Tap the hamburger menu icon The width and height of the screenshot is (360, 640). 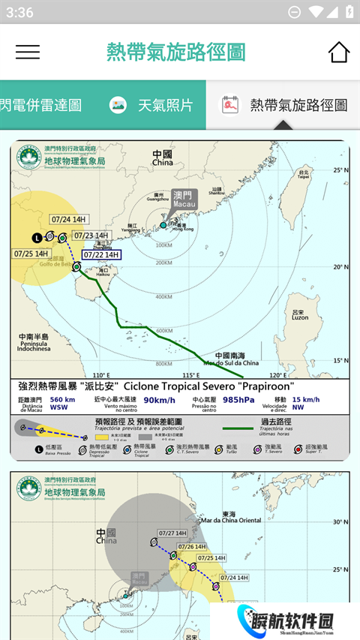point(28,52)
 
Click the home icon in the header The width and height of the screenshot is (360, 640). point(338,52)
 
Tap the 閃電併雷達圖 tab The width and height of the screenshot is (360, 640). point(41,105)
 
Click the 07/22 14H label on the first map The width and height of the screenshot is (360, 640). point(101,255)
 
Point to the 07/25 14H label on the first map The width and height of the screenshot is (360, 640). point(32,254)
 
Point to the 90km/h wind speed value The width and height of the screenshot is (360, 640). point(160,400)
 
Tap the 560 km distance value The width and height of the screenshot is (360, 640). point(62,400)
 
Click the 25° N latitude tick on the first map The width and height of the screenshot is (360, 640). point(341,170)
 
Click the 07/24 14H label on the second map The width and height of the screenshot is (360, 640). point(232,578)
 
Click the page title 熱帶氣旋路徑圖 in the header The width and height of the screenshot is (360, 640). point(176,52)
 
